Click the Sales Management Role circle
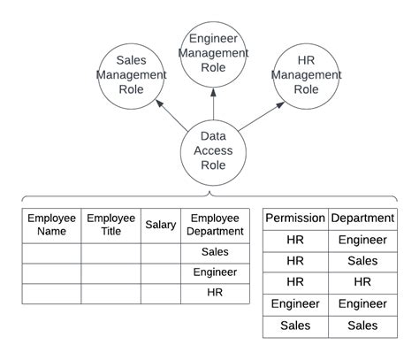[131, 74]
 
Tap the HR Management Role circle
[307, 74]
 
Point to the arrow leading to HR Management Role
[258, 116]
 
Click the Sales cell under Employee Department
[216, 252]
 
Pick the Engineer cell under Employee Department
[216, 272]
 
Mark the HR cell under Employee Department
[216, 293]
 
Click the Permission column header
[295, 218]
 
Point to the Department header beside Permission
[362, 218]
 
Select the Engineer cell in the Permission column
[295, 304]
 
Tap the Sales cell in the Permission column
[295, 326]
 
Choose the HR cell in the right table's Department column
[362, 283]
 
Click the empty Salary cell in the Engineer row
[160, 272]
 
